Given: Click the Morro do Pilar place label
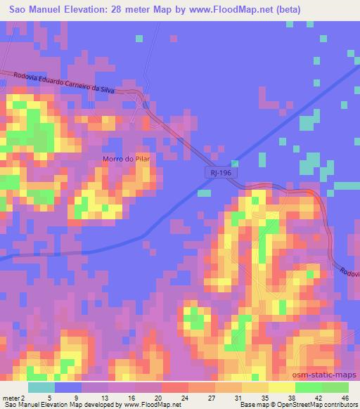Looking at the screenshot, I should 127,159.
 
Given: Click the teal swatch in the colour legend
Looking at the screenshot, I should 41,387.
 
